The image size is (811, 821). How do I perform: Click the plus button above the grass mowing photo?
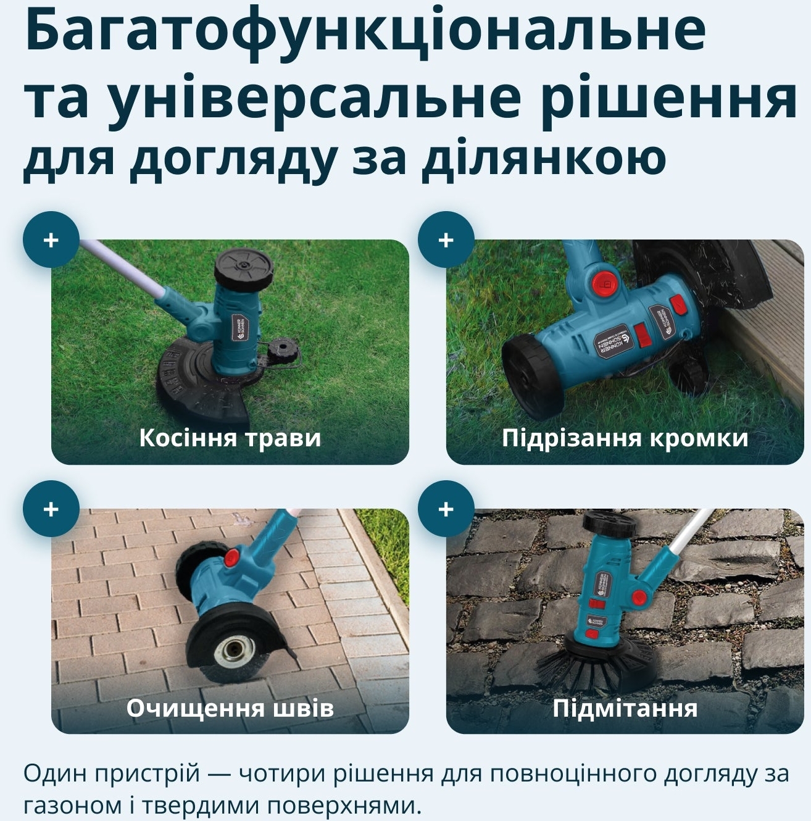click(51, 240)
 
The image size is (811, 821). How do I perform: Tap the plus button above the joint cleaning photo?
click(51, 509)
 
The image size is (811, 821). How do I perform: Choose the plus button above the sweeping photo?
click(446, 509)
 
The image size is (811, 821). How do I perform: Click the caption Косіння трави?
click(230, 438)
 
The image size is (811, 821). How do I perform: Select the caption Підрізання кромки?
click(625, 438)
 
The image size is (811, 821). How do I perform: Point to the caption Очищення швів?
click(230, 707)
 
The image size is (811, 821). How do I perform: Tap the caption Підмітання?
click(625, 707)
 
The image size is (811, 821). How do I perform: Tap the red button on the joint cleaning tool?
click(231, 558)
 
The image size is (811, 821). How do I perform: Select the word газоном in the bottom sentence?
click(64, 804)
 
